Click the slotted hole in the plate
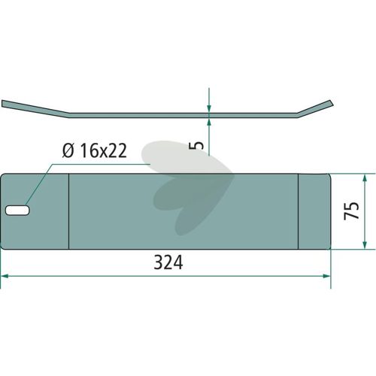pos(17,210)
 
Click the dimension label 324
pos(168,262)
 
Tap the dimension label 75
pos(351,211)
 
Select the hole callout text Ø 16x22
pos(95,150)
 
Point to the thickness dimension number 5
pos(198,145)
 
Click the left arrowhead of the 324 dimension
pos(5,276)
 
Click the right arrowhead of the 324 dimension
pos(326,276)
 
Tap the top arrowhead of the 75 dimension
pos(365,178)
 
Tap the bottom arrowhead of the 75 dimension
pos(365,244)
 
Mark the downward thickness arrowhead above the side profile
pos(209,108)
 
